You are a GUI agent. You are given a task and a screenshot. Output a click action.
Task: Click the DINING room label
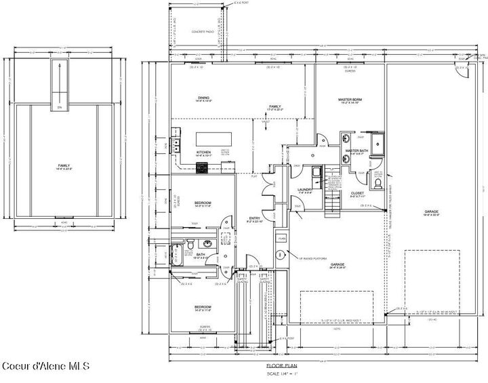pos(203,97)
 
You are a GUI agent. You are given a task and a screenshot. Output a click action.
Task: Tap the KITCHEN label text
pos(204,153)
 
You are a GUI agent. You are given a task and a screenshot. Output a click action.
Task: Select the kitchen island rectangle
pos(216,138)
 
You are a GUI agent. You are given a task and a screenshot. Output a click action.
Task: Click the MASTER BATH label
pos(356,151)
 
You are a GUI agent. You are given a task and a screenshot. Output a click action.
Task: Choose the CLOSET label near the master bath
pos(357,193)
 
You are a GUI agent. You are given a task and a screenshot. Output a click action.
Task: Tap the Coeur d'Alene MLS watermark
pos(45,367)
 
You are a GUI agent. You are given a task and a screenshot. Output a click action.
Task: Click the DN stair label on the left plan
pos(59,107)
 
